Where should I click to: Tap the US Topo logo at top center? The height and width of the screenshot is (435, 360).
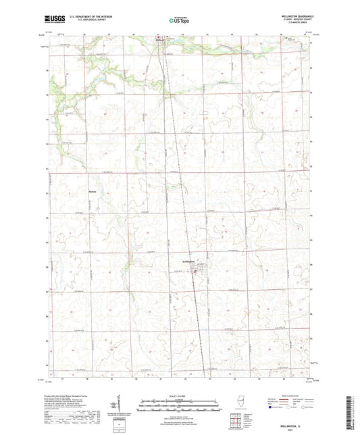tap(178, 21)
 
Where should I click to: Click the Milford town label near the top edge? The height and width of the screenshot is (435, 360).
tap(160, 40)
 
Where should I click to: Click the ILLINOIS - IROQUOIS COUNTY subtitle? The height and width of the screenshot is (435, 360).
tap(290, 20)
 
